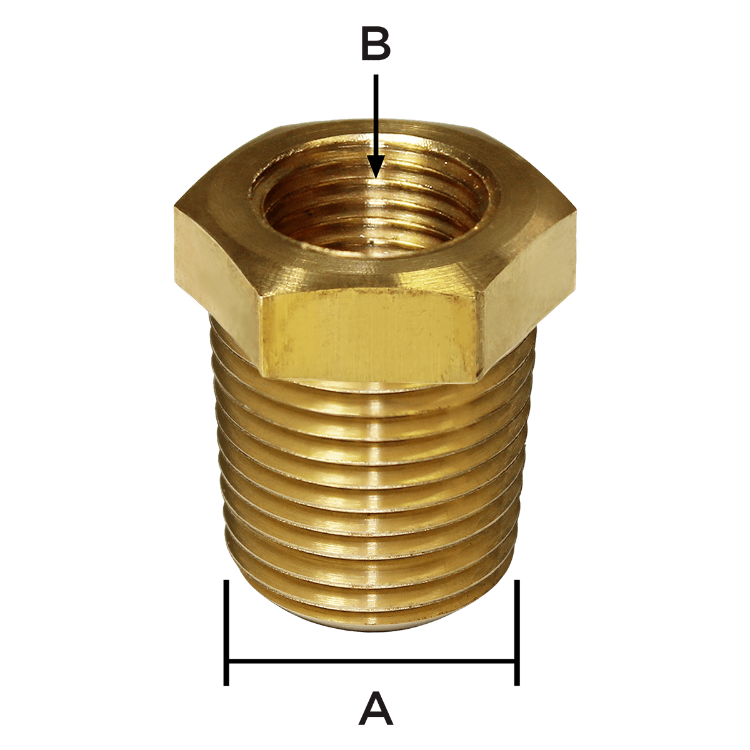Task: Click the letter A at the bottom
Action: pyautogui.click(x=376, y=708)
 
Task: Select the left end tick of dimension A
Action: pyautogui.click(x=226, y=632)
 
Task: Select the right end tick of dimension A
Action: pyautogui.click(x=517, y=632)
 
